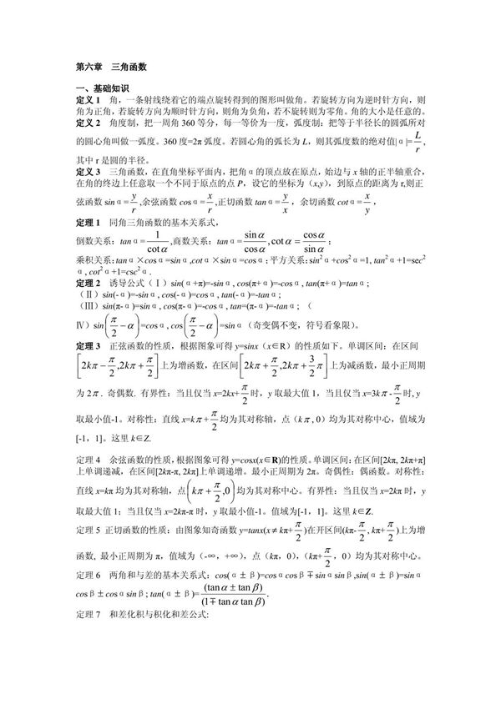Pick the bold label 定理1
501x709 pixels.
tap(86, 223)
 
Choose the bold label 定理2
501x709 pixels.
tap(86, 283)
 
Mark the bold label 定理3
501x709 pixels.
tap(86, 344)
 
